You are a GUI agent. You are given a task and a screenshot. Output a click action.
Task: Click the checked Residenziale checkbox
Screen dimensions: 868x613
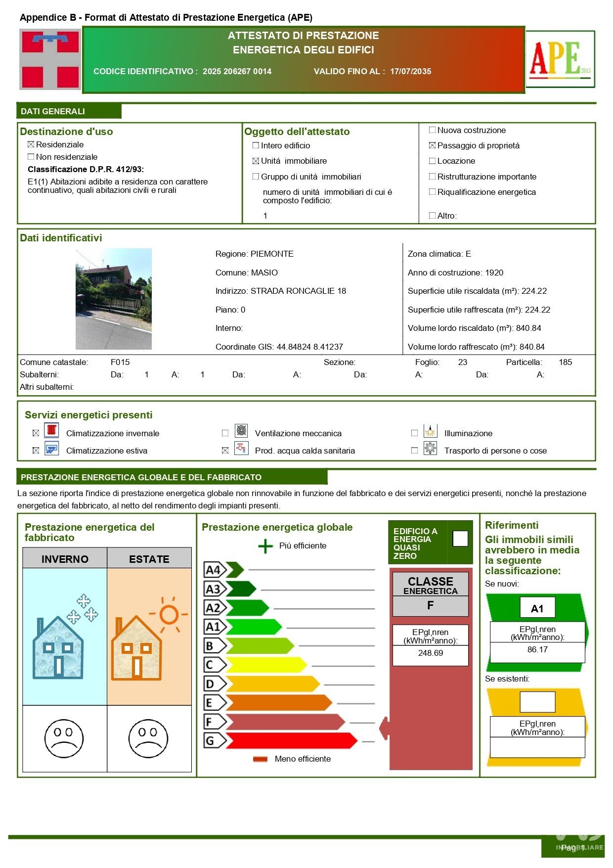31,144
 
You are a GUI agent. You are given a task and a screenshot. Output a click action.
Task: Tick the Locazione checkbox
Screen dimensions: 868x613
432,161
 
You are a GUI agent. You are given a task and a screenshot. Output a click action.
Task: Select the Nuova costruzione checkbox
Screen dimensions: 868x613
432,130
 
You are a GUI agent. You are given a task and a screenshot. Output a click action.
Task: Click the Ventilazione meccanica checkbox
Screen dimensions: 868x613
225,433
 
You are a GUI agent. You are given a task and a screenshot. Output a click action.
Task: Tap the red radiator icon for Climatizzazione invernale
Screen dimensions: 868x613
51,430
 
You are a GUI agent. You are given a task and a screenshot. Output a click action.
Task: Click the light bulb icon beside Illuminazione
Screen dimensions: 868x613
430,431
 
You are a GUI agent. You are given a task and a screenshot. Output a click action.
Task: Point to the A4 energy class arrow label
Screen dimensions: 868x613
214,570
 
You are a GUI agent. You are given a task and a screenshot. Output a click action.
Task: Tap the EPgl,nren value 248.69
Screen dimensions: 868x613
430,653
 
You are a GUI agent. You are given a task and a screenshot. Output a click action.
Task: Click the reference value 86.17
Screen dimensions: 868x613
537,649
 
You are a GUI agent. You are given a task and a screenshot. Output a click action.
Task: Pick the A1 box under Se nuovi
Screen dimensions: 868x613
537,608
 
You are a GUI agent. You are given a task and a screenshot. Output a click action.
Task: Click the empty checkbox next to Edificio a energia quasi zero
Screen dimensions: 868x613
460,538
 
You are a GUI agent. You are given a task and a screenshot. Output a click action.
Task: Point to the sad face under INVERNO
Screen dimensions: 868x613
64,738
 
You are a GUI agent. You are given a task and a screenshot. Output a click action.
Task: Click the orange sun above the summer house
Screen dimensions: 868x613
169,615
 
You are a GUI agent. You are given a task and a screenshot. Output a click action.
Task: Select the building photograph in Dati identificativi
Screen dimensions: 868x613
114,299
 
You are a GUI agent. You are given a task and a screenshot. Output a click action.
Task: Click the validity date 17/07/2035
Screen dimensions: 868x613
410,71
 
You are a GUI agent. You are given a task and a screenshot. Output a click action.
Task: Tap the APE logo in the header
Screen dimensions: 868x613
560,59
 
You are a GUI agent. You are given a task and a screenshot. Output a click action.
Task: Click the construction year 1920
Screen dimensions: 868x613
494,273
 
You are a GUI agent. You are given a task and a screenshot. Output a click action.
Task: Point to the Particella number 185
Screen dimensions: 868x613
565,362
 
